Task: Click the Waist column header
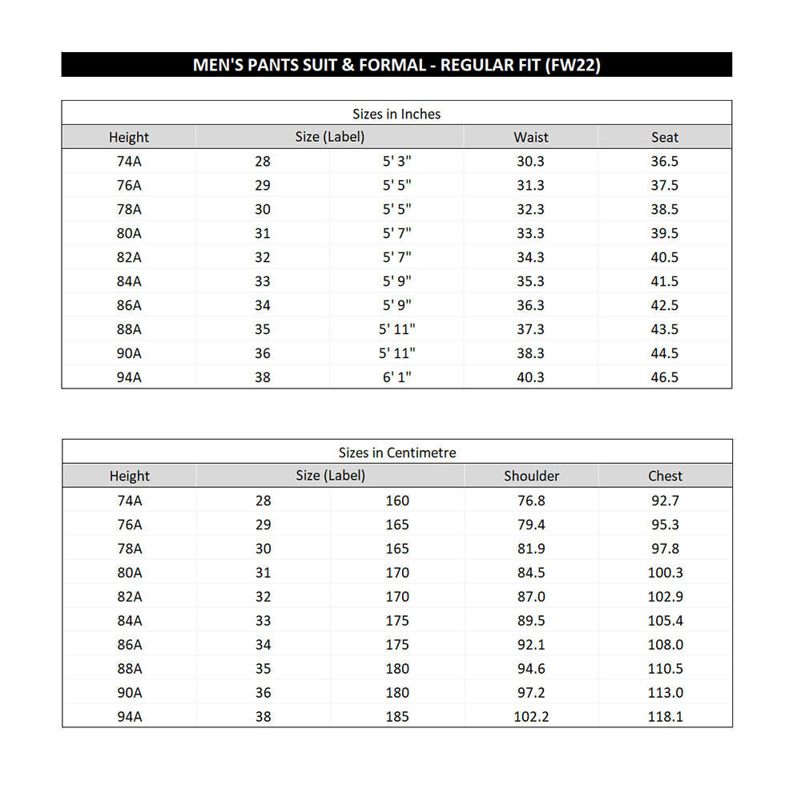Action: pos(530,137)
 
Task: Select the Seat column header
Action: pos(665,137)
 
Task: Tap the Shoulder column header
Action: pos(531,476)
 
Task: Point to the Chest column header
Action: pos(665,476)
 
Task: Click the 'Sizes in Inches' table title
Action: pos(396,114)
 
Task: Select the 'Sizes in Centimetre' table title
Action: pos(396,453)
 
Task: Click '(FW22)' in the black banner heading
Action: pos(572,65)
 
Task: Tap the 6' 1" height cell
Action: pos(396,377)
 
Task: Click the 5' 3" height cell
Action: pos(396,161)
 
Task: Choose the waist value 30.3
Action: pos(530,161)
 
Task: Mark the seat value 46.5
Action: pos(665,377)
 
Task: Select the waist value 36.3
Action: pos(530,305)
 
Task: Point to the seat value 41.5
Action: pos(665,281)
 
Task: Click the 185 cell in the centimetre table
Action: pos(396,717)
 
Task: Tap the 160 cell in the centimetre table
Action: pos(396,501)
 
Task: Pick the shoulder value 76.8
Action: pos(531,501)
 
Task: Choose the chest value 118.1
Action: pos(665,717)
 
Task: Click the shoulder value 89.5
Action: pos(531,621)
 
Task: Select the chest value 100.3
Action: pos(665,573)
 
